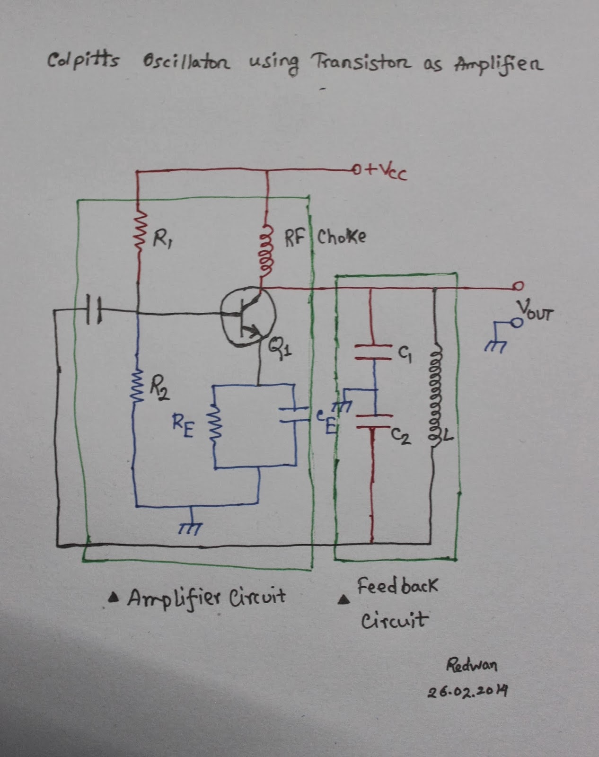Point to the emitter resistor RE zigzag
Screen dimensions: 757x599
coord(215,430)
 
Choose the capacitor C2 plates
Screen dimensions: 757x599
coord(374,421)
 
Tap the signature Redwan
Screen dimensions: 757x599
coord(472,666)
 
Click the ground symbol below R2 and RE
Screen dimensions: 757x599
coord(191,526)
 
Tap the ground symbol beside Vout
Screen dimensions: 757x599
coord(493,344)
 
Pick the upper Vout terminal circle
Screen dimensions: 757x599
coord(519,286)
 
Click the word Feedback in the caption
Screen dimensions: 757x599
coord(397,587)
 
